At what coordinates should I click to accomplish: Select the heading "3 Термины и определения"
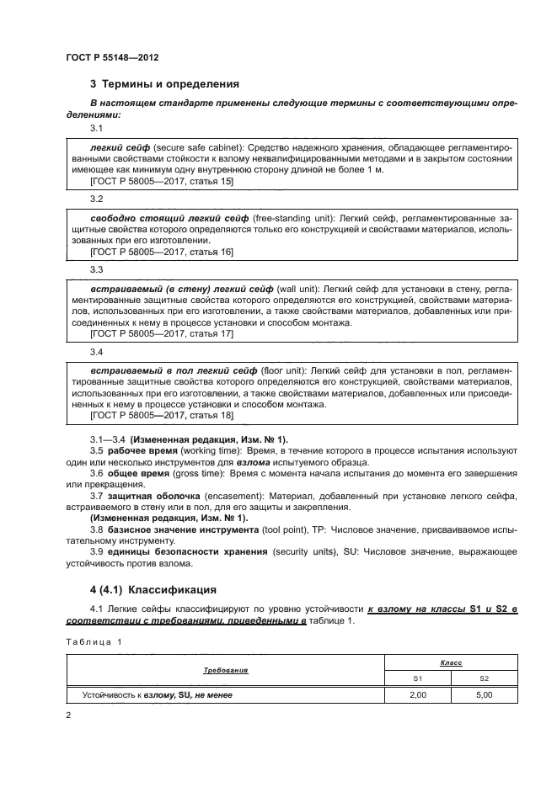[x=164, y=84]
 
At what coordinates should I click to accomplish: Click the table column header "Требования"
[x=225, y=671]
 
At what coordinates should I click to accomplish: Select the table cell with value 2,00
[x=417, y=695]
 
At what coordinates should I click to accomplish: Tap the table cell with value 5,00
[x=483, y=695]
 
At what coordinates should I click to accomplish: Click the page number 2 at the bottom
[x=68, y=715]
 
